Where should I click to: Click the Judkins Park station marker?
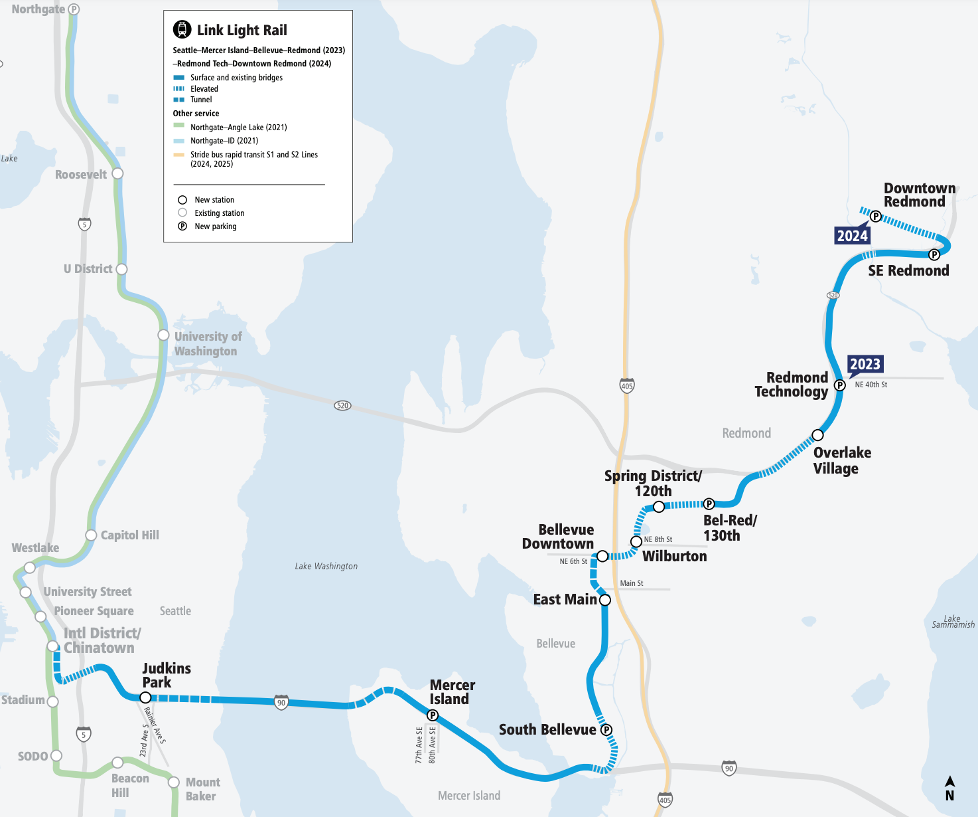tap(145, 697)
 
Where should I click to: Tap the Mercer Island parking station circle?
tap(433, 715)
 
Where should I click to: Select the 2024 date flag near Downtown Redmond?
tap(852, 236)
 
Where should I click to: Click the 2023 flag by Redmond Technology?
tap(865, 364)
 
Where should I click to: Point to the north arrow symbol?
tap(949, 788)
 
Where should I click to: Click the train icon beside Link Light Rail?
tap(182, 29)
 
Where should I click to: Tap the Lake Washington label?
tap(326, 566)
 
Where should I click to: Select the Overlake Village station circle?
tap(817, 435)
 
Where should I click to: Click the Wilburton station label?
tap(674, 556)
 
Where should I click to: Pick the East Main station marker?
tap(605, 600)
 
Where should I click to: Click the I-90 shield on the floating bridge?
tap(281, 702)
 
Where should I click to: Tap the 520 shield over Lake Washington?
tap(342, 405)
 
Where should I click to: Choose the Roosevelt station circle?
tap(117, 173)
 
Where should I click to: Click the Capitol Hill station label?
tap(129, 535)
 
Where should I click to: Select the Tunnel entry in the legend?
tap(201, 100)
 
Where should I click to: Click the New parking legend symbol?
tap(182, 227)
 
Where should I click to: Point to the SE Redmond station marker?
tap(934, 254)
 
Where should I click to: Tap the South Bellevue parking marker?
tap(606, 729)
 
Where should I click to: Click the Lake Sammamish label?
tap(953, 622)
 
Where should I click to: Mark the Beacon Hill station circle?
tap(117, 763)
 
